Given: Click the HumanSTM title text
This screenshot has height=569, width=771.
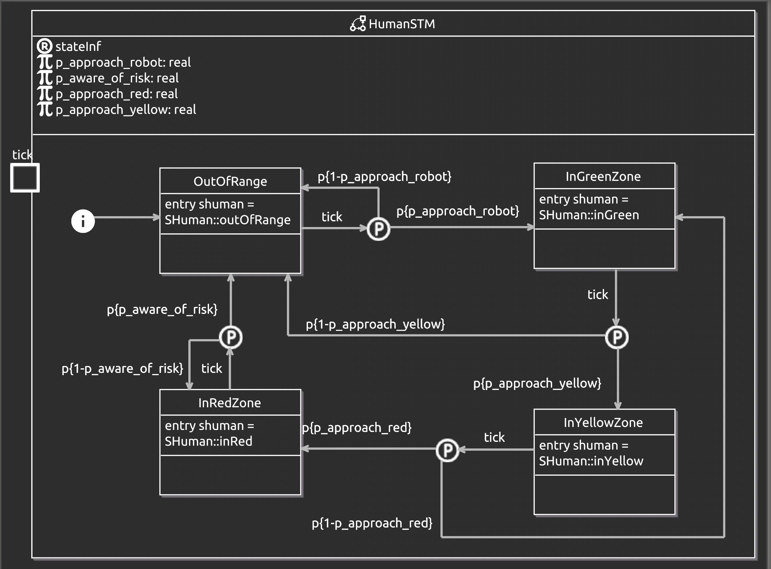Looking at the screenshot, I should (x=402, y=24).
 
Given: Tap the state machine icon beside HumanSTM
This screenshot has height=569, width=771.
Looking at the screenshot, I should (x=358, y=24).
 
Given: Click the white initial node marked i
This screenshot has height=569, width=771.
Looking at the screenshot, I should (x=83, y=221).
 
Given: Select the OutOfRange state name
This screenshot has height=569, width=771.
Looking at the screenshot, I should (x=230, y=181).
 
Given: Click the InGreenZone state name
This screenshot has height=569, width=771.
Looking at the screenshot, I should (x=603, y=176).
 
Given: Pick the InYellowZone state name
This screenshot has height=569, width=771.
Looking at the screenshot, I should (x=603, y=422).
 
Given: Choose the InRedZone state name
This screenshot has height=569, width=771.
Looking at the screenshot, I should (x=229, y=403).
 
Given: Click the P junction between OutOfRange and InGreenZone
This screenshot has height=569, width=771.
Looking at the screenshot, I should (x=378, y=229).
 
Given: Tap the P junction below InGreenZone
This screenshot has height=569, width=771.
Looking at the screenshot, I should (x=617, y=337).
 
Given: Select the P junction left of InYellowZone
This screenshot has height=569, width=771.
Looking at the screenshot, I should (x=447, y=450).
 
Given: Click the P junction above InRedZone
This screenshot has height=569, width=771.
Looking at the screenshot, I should (x=230, y=337).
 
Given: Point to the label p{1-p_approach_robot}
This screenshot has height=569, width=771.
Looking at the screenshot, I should (x=384, y=176).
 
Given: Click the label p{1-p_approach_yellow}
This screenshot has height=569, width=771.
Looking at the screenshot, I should (x=375, y=324).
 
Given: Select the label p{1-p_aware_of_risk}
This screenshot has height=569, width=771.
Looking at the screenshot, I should (x=122, y=369).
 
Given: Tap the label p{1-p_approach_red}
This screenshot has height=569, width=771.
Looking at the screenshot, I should (x=372, y=523).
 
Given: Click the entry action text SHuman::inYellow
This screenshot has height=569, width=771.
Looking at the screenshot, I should (x=591, y=461).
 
